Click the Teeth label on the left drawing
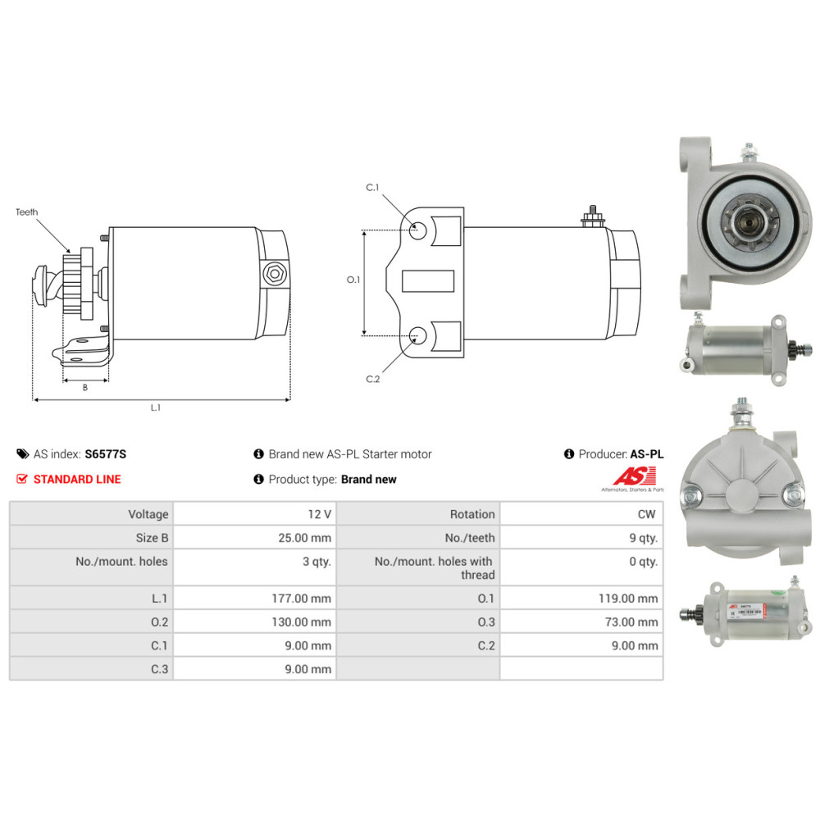[26, 212]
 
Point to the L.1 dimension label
[156, 408]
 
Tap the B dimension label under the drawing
[85, 387]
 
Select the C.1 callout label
[372, 188]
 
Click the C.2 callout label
[372, 379]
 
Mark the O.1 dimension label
[353, 280]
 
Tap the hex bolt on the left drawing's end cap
[273, 273]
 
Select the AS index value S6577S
[106, 453]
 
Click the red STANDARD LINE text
[77, 479]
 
